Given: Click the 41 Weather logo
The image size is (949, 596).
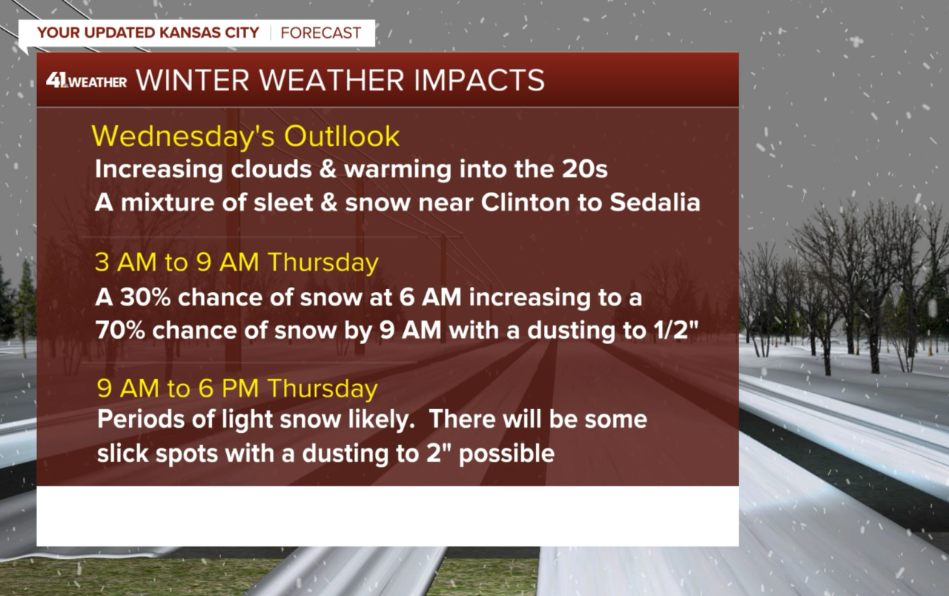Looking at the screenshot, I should (x=86, y=81).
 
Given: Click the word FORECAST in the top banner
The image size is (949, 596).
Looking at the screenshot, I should (x=321, y=33).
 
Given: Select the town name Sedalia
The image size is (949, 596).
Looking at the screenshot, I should (x=655, y=202).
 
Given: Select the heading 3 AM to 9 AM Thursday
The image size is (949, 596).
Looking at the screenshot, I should (x=237, y=263).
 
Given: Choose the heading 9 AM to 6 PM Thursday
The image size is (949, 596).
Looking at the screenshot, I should (x=237, y=388).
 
